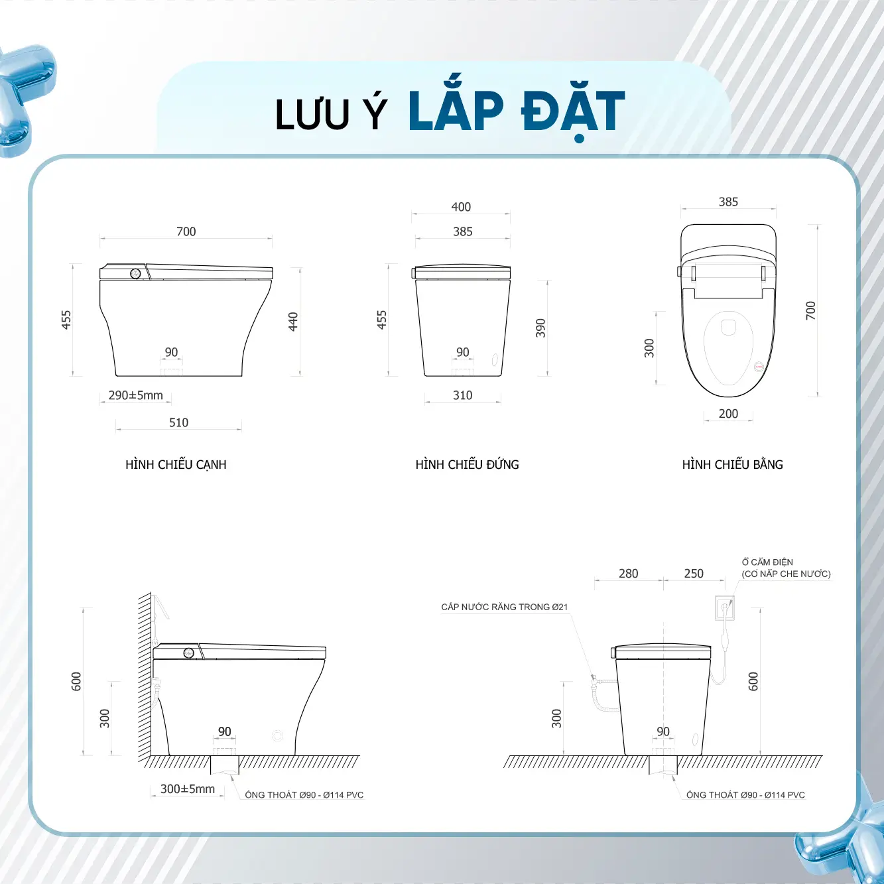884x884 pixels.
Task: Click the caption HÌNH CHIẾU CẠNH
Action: tap(176, 464)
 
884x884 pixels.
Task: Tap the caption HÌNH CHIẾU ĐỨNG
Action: tap(467, 464)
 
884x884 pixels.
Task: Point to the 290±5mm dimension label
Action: tap(135, 395)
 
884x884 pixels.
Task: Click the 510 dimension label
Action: tap(178, 422)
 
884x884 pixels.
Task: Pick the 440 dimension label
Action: tap(293, 322)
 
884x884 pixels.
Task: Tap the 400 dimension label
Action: tap(461, 207)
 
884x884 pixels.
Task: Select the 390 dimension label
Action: tap(540, 328)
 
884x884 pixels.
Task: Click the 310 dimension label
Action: tap(462, 395)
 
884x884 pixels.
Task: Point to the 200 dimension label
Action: tap(728, 414)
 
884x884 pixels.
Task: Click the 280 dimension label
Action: tap(628, 574)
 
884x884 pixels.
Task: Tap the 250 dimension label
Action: tap(693, 574)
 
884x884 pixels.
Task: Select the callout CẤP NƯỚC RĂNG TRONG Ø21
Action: tap(504, 607)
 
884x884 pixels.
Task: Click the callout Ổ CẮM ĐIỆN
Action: tap(767, 562)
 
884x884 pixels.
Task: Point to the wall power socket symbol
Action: tap(725, 607)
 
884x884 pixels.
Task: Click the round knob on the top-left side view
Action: tap(135, 274)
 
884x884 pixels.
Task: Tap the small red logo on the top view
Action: tap(759, 366)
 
